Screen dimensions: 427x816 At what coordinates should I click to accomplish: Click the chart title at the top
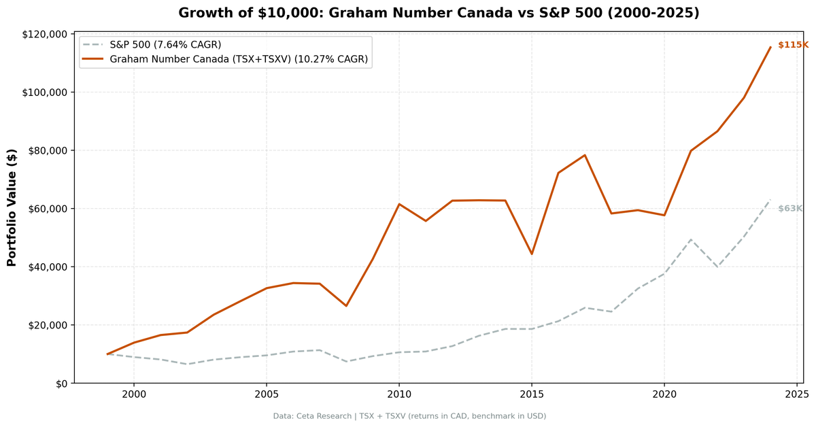pyautogui.click(x=439, y=13)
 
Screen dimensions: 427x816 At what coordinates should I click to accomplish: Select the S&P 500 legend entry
pyautogui.click(x=165, y=45)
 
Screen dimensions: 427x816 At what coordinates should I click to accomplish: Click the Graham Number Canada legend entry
pyautogui.click(x=239, y=59)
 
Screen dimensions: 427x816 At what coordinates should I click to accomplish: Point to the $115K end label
pyautogui.click(x=792, y=45)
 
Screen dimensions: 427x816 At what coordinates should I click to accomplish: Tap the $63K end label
pyautogui.click(x=790, y=209)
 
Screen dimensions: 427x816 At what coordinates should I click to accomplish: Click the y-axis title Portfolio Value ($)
pyautogui.click(x=12, y=207)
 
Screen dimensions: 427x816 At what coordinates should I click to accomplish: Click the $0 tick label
pyautogui.click(x=61, y=383)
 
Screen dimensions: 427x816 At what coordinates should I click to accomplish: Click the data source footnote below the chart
pyautogui.click(x=409, y=416)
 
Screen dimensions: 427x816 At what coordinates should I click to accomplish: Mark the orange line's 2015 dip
pyautogui.click(x=532, y=254)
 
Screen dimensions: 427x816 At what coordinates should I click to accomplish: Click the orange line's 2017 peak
pyautogui.click(x=585, y=155)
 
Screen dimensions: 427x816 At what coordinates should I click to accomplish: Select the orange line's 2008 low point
pyautogui.click(x=346, y=306)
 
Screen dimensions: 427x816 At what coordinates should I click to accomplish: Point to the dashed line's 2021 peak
pyautogui.click(x=691, y=239)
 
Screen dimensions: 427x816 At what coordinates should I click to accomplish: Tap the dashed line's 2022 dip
pyautogui.click(x=717, y=267)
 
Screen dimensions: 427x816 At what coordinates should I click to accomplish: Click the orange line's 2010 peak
pyautogui.click(x=399, y=204)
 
